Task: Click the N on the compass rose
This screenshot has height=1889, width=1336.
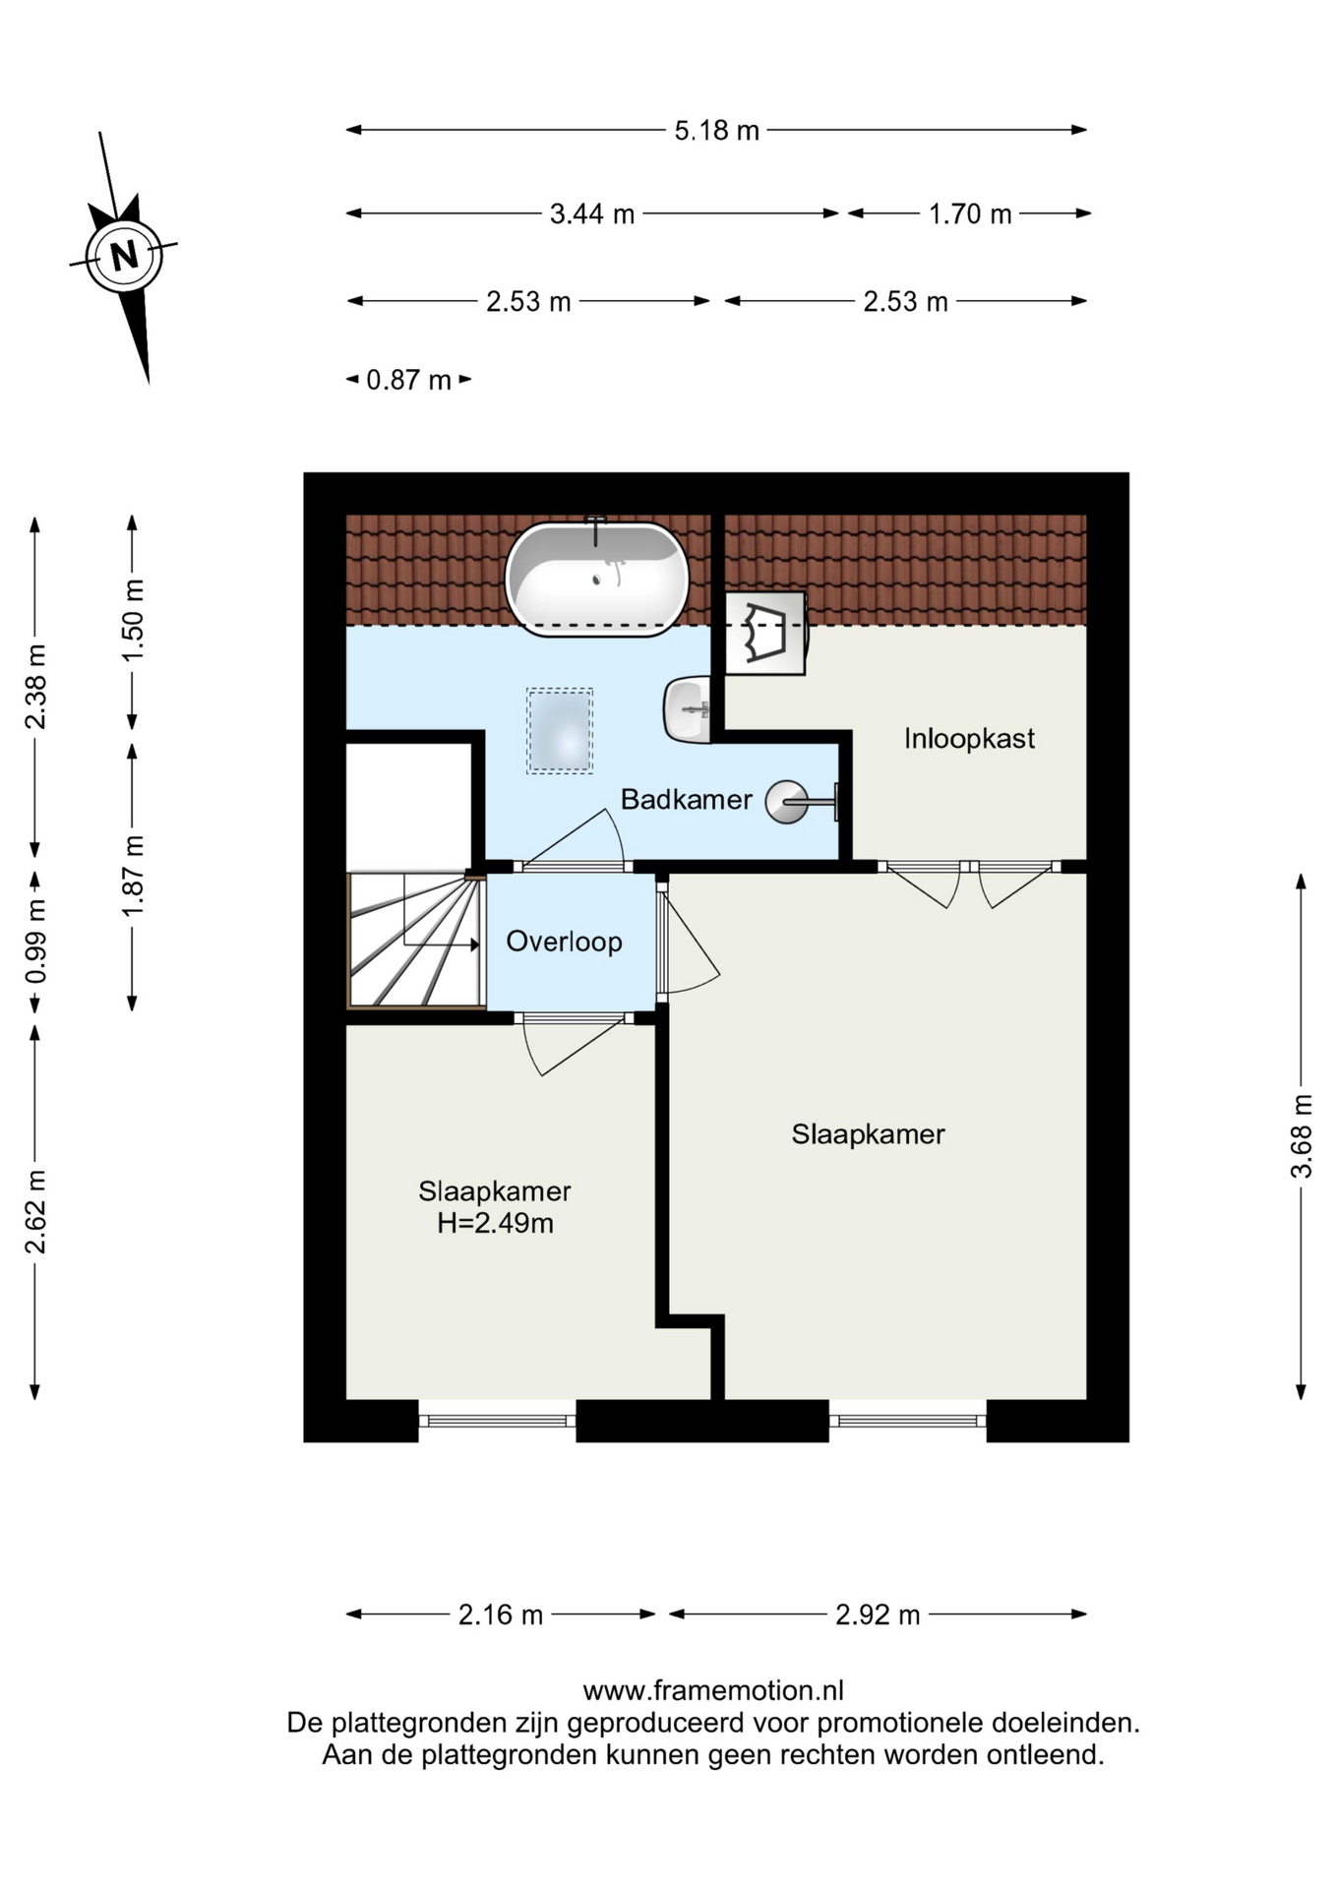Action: (124, 256)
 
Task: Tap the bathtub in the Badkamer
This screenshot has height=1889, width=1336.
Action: (597, 578)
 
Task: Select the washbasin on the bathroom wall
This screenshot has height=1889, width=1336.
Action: (688, 708)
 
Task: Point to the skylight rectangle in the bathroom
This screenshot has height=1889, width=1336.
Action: (560, 731)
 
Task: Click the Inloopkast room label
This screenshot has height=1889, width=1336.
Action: (969, 739)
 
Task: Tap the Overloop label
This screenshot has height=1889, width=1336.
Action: (564, 942)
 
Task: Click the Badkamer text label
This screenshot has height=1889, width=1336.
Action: (686, 799)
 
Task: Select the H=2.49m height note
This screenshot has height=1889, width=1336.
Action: (495, 1223)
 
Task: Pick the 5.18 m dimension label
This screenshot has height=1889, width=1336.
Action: (716, 130)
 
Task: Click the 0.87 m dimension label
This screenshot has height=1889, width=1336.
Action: (408, 380)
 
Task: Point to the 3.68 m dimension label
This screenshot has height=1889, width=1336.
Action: (1301, 1135)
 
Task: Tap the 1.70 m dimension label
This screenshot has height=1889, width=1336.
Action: (970, 213)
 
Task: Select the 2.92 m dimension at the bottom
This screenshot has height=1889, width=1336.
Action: (878, 1615)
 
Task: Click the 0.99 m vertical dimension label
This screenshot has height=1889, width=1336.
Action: (35, 942)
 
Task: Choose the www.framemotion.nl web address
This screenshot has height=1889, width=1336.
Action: (713, 1690)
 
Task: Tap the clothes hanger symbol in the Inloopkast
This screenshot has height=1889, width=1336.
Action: (765, 633)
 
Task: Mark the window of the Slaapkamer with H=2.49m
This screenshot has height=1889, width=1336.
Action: (497, 1421)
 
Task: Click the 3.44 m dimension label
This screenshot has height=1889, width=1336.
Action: (591, 213)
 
